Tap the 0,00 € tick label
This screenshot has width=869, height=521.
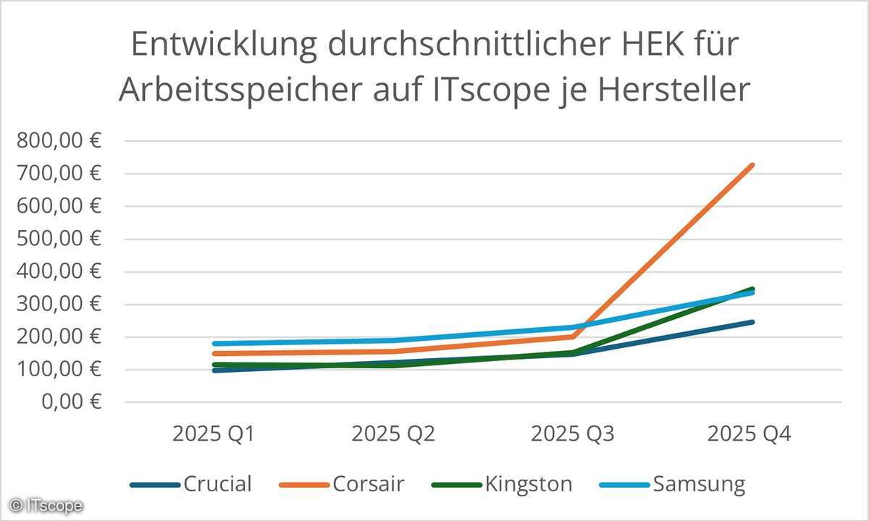pos(70,402)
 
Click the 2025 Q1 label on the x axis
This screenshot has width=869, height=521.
pos(214,434)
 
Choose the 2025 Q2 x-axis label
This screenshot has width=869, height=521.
pos(393,434)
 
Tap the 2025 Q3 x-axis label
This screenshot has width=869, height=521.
pos(572,434)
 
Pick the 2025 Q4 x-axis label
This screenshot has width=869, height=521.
pos(750,434)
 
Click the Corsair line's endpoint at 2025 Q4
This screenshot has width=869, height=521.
pos(753,165)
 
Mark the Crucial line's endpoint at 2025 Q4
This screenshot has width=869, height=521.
pos(753,322)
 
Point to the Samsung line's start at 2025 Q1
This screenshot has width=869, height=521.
pos(215,344)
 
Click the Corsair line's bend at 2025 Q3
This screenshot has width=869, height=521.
pos(573,336)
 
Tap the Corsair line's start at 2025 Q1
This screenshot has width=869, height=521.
pos(215,354)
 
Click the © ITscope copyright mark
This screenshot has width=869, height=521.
pos(46,505)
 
